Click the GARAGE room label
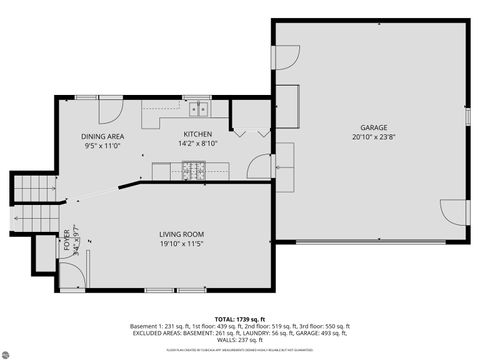pyautogui.click(x=374, y=128)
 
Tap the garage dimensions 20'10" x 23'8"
pyautogui.click(x=374, y=138)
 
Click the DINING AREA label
pyautogui.click(x=103, y=136)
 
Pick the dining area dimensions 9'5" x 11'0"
pyautogui.click(x=103, y=145)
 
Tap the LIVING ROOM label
pyautogui.click(x=181, y=234)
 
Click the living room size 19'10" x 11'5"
pyautogui.click(x=181, y=243)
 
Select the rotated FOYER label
pyautogui.click(x=68, y=243)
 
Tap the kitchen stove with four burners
pyautogui.click(x=192, y=170)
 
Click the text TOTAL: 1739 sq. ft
pyautogui.click(x=239, y=317)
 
